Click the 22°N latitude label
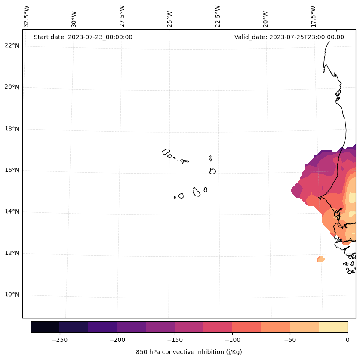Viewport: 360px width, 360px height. click(12, 46)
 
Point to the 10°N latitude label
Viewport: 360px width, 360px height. click(12, 295)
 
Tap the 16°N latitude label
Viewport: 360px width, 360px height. click(12, 171)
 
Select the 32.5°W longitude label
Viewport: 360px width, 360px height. click(27, 16)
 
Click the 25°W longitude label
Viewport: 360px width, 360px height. click(170, 16)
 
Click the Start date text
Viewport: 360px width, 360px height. click(83, 37)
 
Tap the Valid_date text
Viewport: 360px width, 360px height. click(289, 37)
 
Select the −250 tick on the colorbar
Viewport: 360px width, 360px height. click(59, 339)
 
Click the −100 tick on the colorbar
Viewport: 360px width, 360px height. click(232, 339)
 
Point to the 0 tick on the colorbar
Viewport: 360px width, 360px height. click(347, 339)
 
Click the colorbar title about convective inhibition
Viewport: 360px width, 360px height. click(189, 352)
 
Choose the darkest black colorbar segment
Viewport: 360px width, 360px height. click(45, 327)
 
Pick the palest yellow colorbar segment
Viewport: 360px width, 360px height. click(333, 327)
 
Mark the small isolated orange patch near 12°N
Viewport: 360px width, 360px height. click(320, 259)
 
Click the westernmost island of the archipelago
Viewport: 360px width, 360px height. click(166, 152)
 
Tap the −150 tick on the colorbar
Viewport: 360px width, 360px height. click(175, 339)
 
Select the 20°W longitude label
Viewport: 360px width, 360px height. click(265, 16)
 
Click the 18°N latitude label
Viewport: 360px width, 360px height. click(12, 129)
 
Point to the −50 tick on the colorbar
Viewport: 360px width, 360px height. click(290, 339)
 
